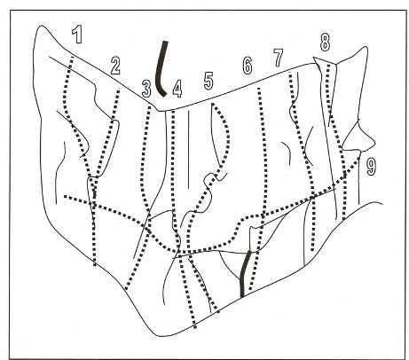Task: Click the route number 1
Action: pyautogui.click(x=77, y=35)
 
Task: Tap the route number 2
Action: pyautogui.click(x=115, y=66)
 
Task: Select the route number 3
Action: pyautogui.click(x=146, y=89)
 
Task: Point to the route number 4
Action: pyautogui.click(x=177, y=89)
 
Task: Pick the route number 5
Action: pyautogui.click(x=208, y=81)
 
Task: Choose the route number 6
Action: pyautogui.click(x=248, y=66)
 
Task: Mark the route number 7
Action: pyautogui.click(x=279, y=58)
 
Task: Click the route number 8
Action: pyautogui.click(x=325, y=43)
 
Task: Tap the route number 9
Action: pyautogui.click(x=371, y=166)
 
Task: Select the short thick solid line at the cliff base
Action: pyautogui.click(x=244, y=274)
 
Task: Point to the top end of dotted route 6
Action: pyautogui.click(x=259, y=89)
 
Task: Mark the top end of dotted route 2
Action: pyautogui.click(x=119, y=90)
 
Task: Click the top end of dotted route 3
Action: pyautogui.click(x=150, y=107)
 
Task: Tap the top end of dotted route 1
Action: pyautogui.click(x=72, y=56)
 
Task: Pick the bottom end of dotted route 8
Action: pyautogui.click(x=344, y=219)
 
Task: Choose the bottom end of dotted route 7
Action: pyautogui.click(x=313, y=250)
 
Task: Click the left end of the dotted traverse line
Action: pyautogui.click(x=65, y=196)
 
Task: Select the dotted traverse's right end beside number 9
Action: pyautogui.click(x=359, y=157)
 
